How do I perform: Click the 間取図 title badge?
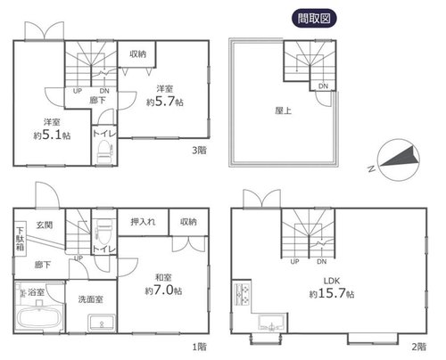click(314, 19)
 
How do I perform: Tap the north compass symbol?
click(399, 160)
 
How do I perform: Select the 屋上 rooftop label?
click(283, 110)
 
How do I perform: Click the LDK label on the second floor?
click(332, 281)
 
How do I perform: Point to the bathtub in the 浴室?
click(38, 317)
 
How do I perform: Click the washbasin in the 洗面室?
click(102, 323)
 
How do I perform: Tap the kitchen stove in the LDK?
click(243, 294)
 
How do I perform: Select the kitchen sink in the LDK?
click(271, 323)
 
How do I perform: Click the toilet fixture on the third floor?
click(104, 151)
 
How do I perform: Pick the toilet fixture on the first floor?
click(103, 232)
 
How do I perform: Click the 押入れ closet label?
click(143, 222)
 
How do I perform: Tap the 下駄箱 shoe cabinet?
click(21, 239)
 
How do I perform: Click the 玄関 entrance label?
click(45, 225)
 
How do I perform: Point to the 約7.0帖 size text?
click(163, 290)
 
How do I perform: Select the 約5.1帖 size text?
click(52, 135)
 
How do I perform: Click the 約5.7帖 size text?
click(165, 102)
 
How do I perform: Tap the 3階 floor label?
click(199, 151)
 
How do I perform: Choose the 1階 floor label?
click(200, 347)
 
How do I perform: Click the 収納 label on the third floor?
click(137, 53)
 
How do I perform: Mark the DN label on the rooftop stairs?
click(323, 86)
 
